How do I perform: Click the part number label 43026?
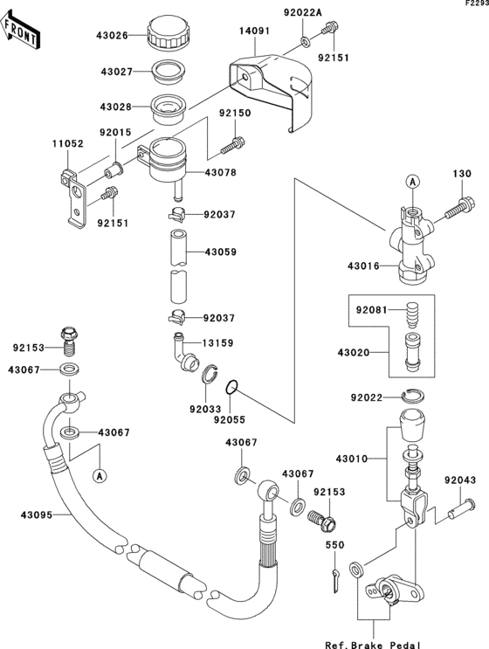click(112, 36)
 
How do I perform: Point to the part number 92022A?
click(303, 12)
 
